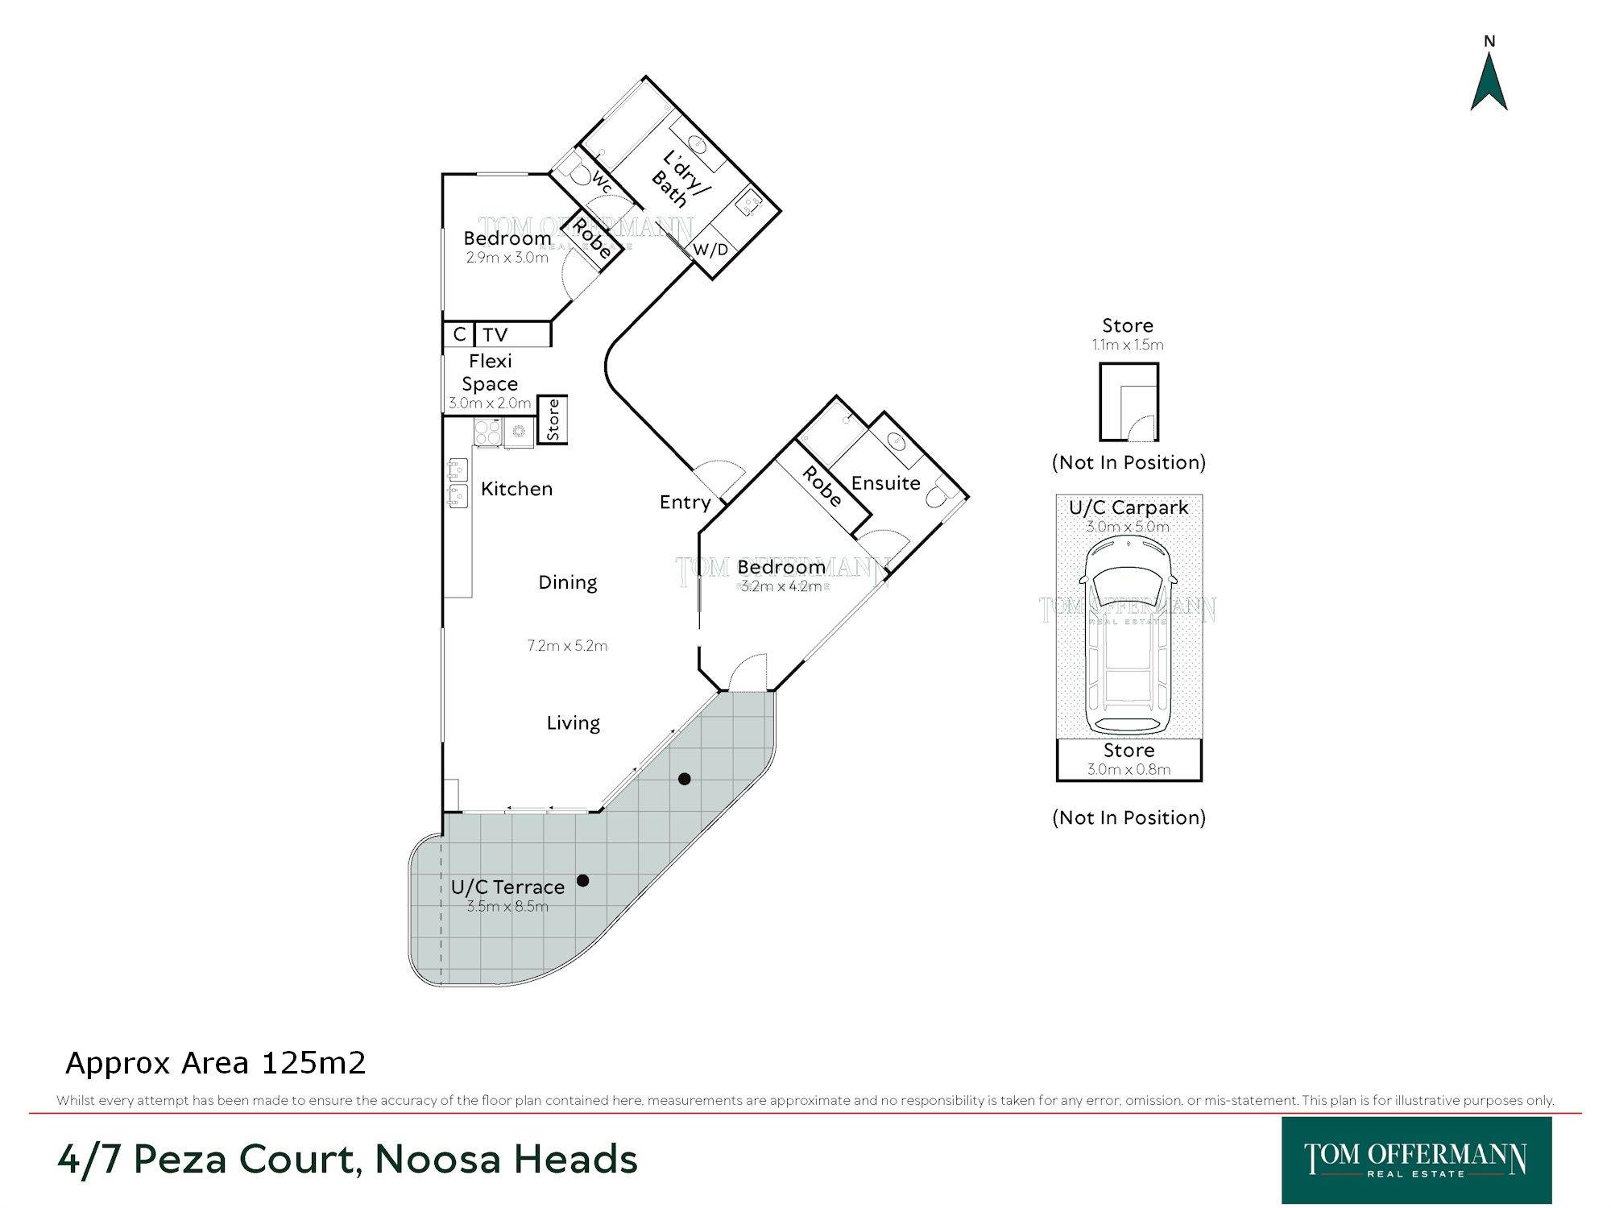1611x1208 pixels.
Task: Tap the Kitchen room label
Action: point(516,489)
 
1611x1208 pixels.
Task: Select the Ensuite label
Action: point(885,483)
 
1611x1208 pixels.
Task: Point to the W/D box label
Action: point(710,250)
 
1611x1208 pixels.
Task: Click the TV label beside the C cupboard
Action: point(495,335)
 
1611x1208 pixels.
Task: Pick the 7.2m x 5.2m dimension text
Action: point(567,645)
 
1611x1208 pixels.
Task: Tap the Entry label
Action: point(685,503)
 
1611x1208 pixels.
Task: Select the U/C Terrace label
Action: point(507,887)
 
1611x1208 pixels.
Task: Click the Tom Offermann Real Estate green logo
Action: point(1416,1160)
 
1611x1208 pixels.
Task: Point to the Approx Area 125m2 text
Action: point(216,1063)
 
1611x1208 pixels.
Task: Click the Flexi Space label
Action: point(490,372)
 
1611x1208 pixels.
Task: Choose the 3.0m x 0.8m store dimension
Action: point(1129,769)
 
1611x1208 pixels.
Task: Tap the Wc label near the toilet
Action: point(602,183)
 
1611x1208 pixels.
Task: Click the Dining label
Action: point(568,582)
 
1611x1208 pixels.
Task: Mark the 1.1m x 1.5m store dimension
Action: point(1128,345)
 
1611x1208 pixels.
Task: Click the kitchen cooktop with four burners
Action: point(487,432)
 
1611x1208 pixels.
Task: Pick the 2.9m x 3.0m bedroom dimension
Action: point(507,258)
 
